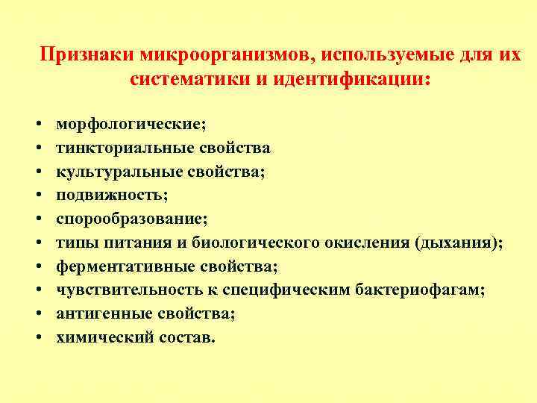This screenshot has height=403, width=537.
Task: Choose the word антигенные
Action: (98, 314)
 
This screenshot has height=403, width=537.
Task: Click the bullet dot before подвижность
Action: (37, 196)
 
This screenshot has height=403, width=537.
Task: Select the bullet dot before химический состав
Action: (37, 338)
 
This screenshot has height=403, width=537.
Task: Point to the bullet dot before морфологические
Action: (37, 124)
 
